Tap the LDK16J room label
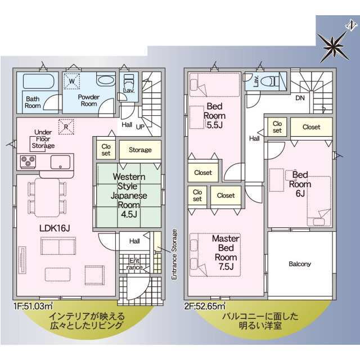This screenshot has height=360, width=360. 55,228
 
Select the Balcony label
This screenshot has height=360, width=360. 300,264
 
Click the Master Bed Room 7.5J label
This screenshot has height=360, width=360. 226,253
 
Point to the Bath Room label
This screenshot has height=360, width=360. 33,102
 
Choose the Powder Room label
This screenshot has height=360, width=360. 89,100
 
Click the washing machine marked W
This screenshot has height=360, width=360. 71,81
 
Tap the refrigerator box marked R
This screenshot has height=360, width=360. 66,127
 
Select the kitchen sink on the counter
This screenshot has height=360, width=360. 60,162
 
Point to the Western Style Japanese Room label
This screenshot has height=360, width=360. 129,195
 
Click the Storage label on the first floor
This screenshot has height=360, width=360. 140,150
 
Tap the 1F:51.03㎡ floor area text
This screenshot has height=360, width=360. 33,306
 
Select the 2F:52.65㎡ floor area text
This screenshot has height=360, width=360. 205,306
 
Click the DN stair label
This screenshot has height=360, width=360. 300,98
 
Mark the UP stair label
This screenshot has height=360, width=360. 140,127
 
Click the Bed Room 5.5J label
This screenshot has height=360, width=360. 214,115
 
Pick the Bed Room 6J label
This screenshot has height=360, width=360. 300,184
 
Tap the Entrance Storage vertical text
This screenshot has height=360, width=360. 174,254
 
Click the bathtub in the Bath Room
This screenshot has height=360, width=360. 39,81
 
